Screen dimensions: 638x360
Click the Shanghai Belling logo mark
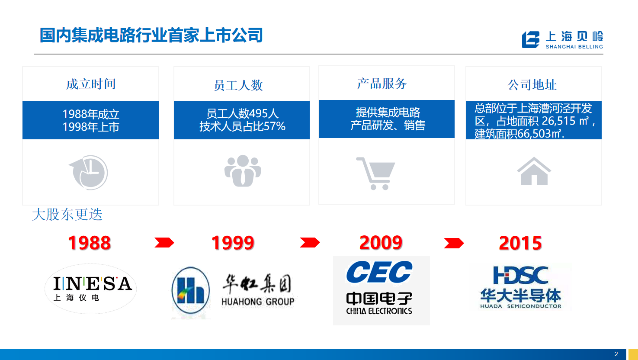coord(530,39)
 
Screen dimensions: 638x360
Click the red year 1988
coord(90,243)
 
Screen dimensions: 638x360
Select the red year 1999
coord(233,243)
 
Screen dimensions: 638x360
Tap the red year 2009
coord(381,243)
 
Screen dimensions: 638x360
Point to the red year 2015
coord(520,243)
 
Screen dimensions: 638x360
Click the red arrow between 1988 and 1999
coord(164,242)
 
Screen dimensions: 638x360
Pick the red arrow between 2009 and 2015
coord(454,243)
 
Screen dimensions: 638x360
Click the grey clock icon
coord(89,172)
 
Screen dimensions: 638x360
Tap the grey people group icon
coord(243,171)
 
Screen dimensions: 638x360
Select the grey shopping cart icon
coord(376,173)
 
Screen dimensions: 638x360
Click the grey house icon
coord(534,171)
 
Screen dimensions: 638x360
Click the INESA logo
coord(90,289)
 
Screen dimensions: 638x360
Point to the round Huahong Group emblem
coord(191,290)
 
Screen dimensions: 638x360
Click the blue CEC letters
coord(379,272)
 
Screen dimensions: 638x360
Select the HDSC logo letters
coord(521,275)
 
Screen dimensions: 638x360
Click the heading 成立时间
coord(91,84)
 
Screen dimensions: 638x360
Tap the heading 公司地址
coord(532,85)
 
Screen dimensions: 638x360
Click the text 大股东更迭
coord(67,215)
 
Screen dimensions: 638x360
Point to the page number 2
coord(616,354)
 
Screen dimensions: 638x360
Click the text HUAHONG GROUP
coord(258,301)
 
